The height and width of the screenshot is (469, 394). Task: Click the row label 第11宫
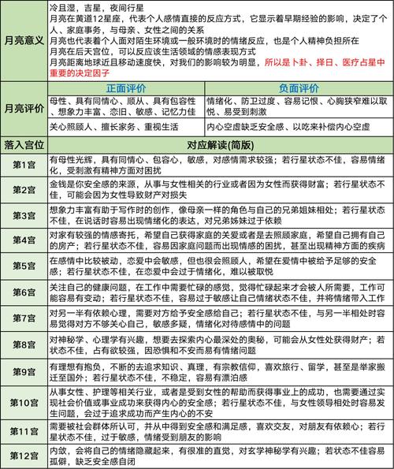coord(23,431)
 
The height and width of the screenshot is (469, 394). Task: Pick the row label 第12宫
coord(23,455)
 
